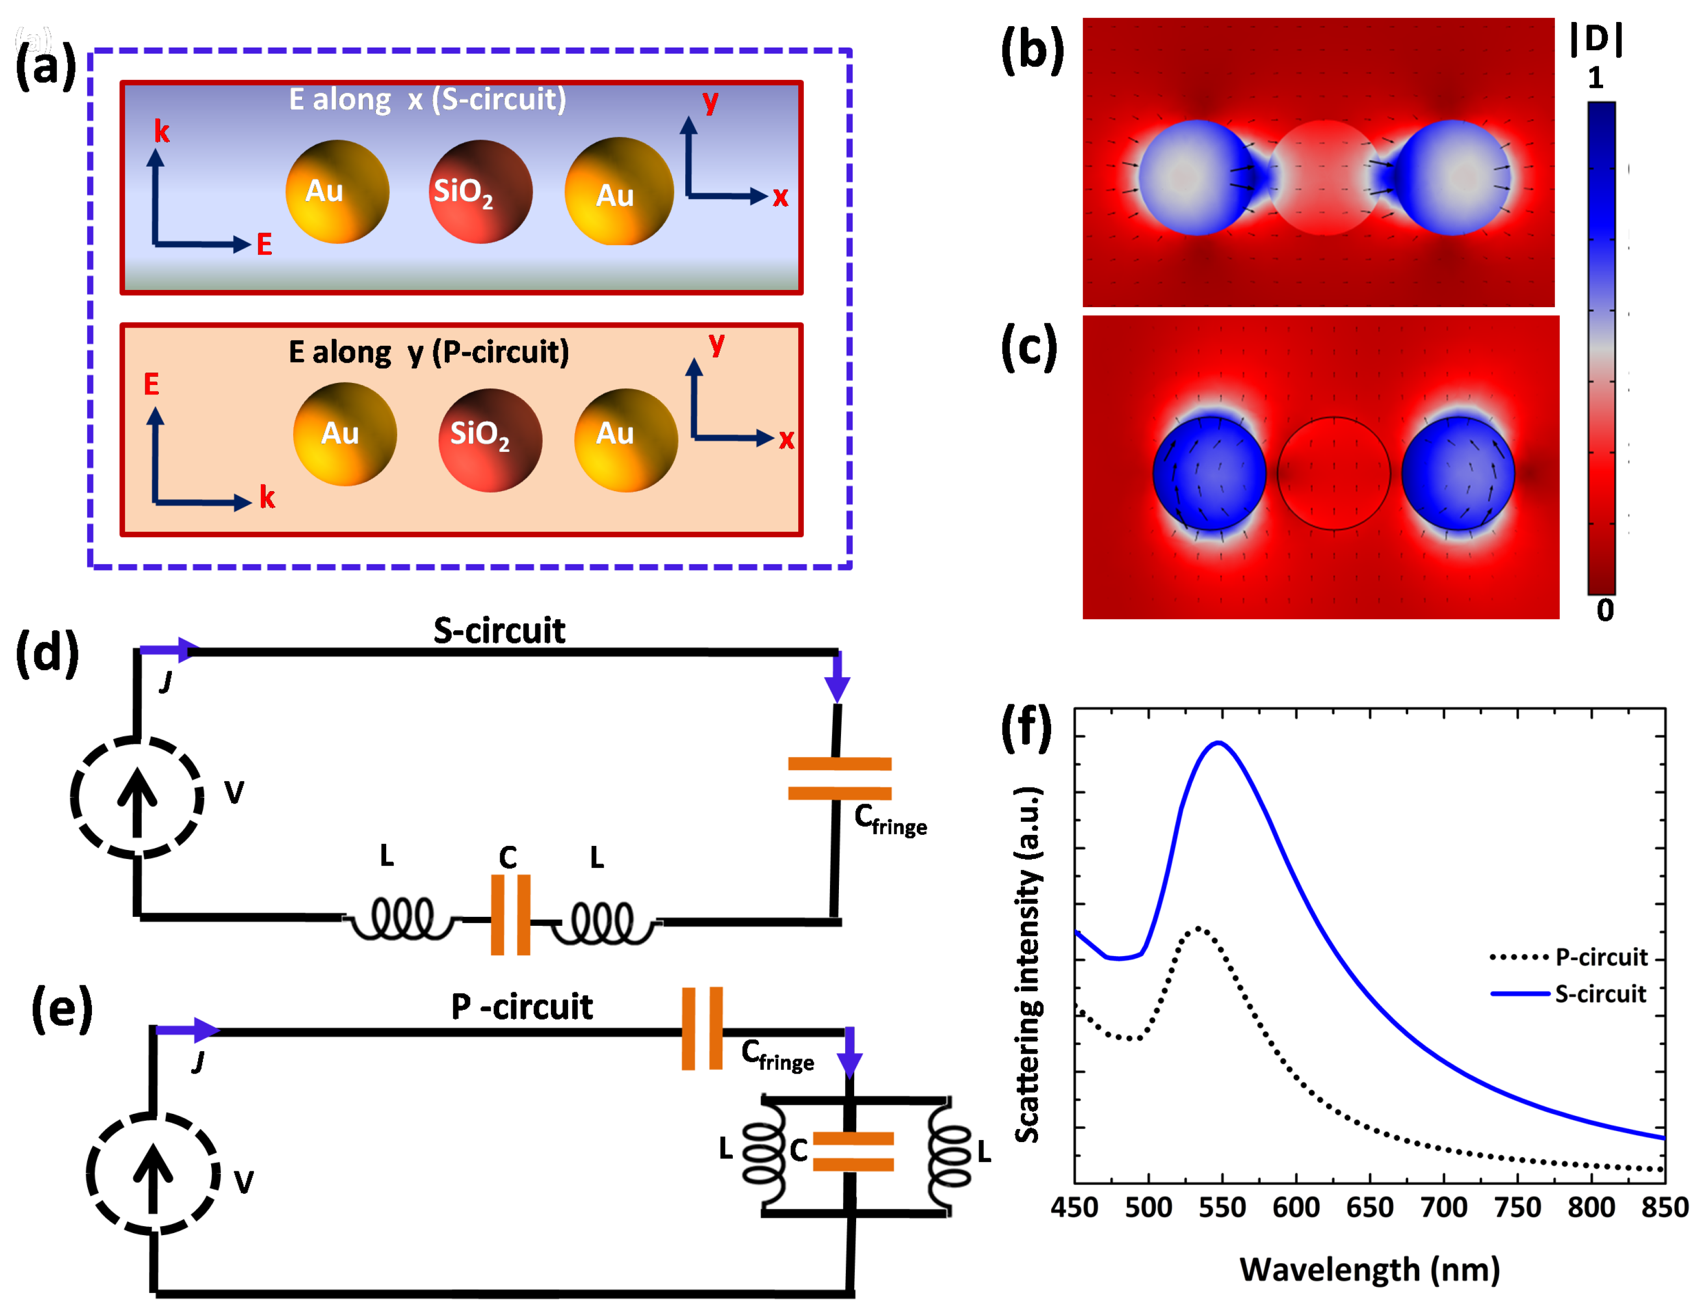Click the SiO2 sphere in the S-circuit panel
click(480, 192)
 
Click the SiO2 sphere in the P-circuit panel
click(490, 440)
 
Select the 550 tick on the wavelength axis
click(1222, 1207)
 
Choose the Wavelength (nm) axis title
click(1369, 1270)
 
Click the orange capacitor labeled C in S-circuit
click(510, 915)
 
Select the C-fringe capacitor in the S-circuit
click(839, 778)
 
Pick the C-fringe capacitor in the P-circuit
click(702, 1028)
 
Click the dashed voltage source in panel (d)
click(137, 797)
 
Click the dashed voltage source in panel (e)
click(153, 1174)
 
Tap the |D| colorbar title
click(1596, 39)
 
